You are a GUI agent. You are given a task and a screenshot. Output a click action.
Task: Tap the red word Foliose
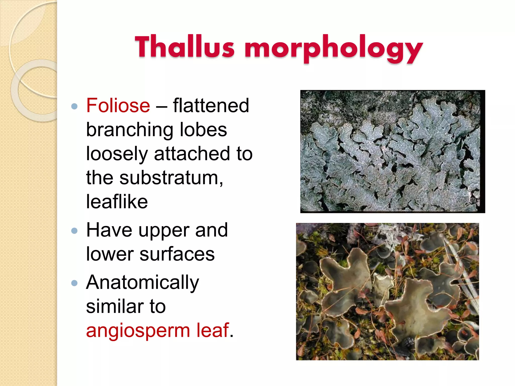coord(118,105)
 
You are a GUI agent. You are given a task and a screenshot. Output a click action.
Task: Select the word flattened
coord(211,105)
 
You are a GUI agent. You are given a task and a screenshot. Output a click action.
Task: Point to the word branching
coord(130,130)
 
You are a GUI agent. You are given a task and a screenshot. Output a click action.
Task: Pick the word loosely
coord(117,154)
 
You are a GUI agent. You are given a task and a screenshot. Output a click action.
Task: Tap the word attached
coord(192,154)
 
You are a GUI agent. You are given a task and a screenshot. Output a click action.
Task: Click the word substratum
coord(171,178)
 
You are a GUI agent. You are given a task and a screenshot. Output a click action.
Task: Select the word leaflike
coord(117,202)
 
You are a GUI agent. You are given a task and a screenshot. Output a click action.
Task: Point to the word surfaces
coord(177,254)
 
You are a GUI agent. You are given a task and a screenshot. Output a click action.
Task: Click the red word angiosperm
coord(138,331)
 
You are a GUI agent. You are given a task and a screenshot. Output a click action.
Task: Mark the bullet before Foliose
coord(74,106)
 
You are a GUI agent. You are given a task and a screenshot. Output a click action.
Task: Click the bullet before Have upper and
coord(74,231)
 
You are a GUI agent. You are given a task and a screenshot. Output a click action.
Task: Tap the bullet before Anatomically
coord(74,283)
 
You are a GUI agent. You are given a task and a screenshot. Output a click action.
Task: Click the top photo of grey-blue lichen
coord(392,151)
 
